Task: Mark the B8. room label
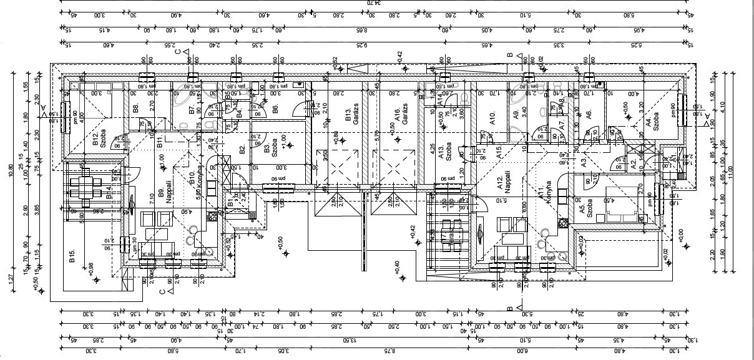point(135,109)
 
